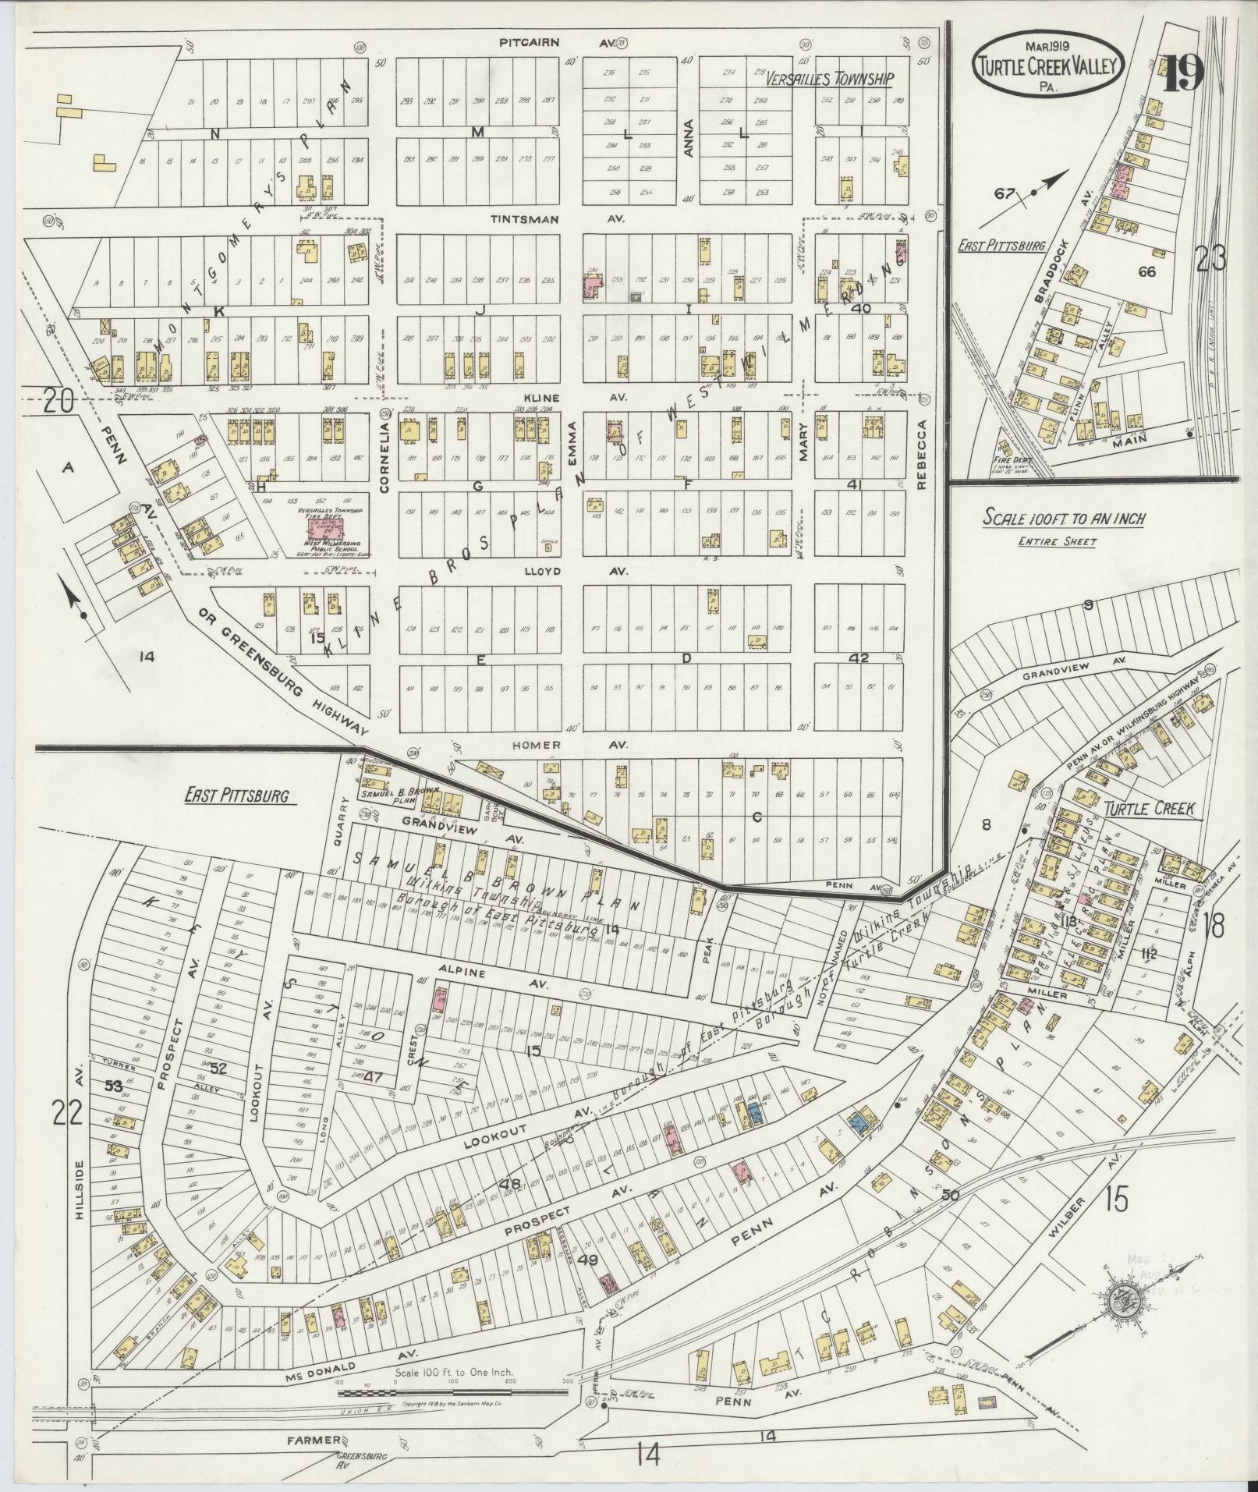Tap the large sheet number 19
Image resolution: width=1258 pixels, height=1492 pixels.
click(x=1183, y=73)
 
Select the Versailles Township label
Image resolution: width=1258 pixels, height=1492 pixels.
click(x=827, y=78)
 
